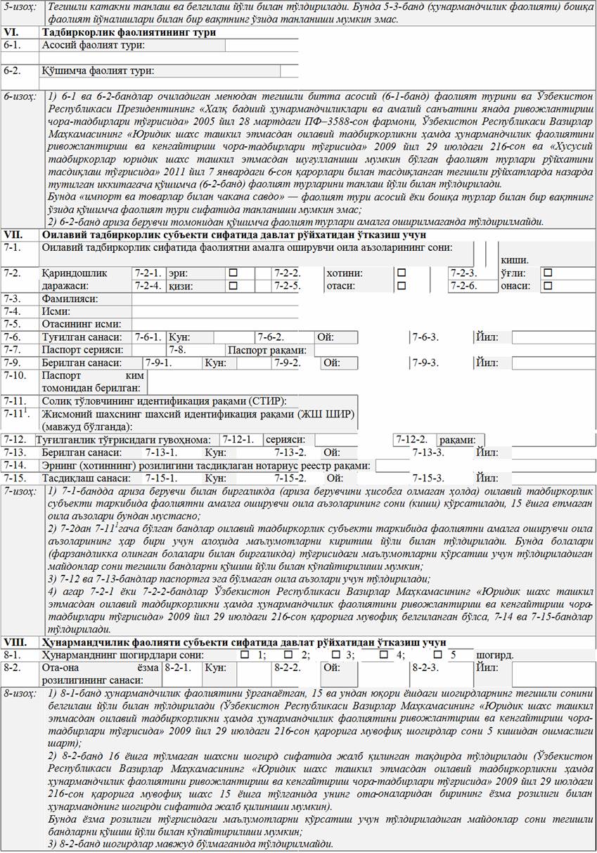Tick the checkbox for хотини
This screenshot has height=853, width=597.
pos(402,273)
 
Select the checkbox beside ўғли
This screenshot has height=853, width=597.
pos(548,273)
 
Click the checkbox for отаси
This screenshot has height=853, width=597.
pos(402,286)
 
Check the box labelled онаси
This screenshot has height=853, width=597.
pos(548,286)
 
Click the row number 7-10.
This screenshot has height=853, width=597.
pos(15,375)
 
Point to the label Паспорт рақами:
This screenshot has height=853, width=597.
pos(267,350)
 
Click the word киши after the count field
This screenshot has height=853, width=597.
pos(513,260)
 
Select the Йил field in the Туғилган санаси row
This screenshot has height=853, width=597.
pos(552,337)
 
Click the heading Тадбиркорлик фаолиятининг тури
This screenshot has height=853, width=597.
pos(129,32)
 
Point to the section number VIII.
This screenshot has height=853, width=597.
pos(15,642)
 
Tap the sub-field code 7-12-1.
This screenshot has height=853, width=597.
pos(239,439)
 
